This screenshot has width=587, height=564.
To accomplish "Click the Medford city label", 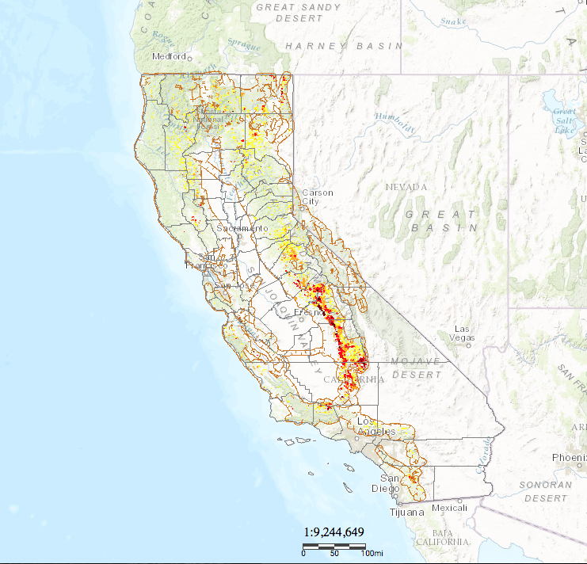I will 170,56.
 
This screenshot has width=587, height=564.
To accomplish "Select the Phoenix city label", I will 569,458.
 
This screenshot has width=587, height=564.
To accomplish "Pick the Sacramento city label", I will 243,228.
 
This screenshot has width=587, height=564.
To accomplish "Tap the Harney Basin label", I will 344,46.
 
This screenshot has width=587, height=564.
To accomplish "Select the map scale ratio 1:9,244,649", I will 334,532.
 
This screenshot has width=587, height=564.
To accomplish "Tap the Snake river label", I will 453,21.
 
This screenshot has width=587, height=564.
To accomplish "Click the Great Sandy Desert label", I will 299,12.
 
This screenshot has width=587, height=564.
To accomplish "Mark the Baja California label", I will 448,538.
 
